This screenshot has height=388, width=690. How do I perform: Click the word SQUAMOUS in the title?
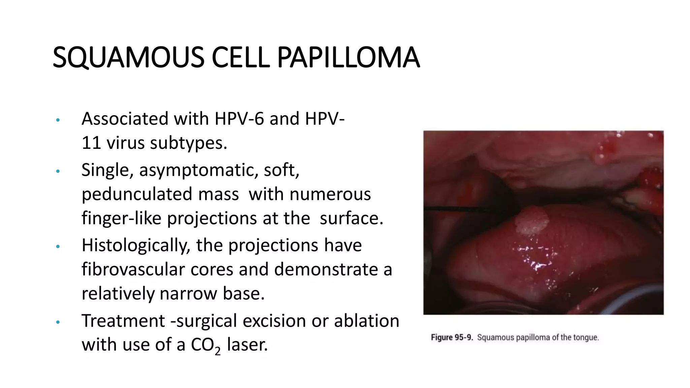coord(128,58)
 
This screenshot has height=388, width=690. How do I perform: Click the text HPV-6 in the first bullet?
coord(239,119)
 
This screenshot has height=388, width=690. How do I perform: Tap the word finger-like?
coord(122,218)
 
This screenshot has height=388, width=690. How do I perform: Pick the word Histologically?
coord(136,245)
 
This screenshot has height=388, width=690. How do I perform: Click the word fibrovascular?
coord(133,269)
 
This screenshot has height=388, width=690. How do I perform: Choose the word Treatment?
coord(123,321)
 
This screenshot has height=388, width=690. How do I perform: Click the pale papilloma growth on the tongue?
coord(532,221)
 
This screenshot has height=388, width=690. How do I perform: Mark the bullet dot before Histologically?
coord(58,247)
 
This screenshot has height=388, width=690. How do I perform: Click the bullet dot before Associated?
coord(58,120)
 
